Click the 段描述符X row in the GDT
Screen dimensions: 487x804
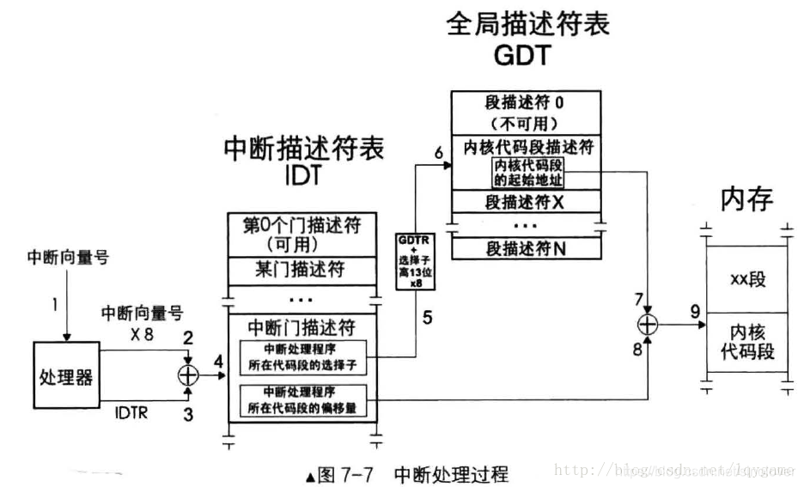point(525,204)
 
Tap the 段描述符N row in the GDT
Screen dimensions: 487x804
point(525,249)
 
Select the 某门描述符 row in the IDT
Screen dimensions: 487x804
point(301,269)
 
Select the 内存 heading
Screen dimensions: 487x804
point(746,199)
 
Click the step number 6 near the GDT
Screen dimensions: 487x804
point(439,153)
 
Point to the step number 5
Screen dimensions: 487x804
point(426,316)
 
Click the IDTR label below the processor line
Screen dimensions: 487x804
point(133,414)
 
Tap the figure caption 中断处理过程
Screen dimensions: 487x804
point(451,474)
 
